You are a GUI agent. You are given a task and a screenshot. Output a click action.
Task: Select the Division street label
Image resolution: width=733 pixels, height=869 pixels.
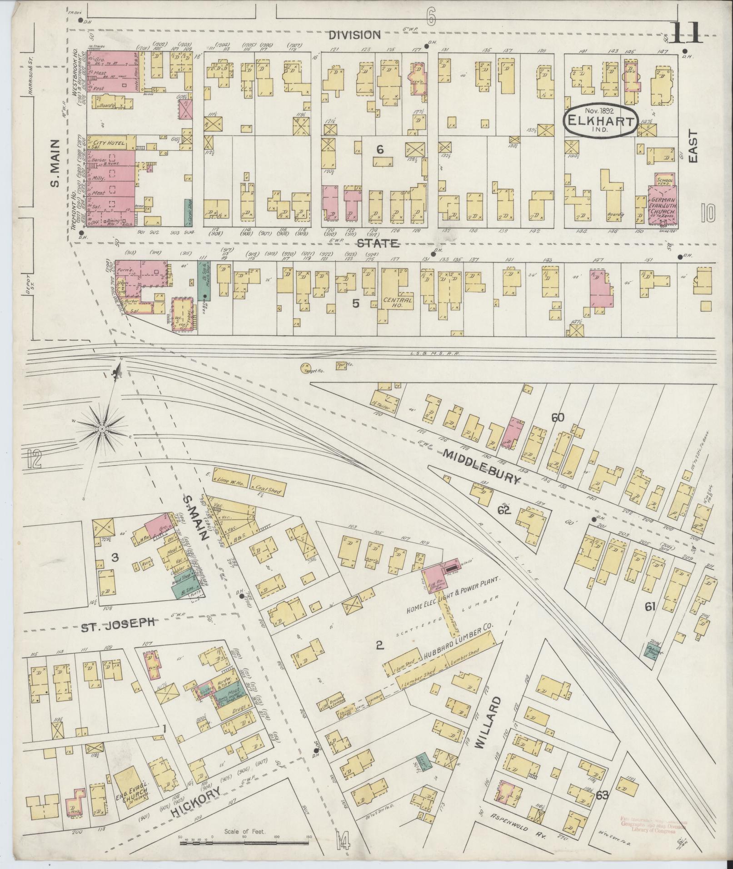(x=354, y=35)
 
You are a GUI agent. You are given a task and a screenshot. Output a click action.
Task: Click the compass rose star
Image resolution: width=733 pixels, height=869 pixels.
(x=103, y=428)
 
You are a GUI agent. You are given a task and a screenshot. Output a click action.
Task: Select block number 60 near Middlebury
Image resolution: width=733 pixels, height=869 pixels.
(x=558, y=417)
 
